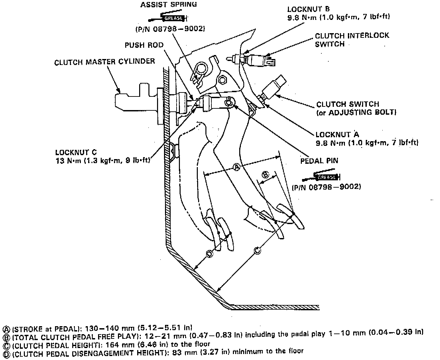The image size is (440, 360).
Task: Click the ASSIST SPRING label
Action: coord(168,5)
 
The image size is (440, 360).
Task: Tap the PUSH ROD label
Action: coord(144,45)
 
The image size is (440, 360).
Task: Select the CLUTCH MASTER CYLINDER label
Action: coord(104,62)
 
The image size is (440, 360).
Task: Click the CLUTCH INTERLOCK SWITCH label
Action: coord(352,40)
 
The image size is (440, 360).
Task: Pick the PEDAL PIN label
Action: coord(319,161)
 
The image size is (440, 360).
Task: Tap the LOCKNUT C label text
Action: coord(76,152)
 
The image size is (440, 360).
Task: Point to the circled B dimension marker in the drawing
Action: coord(265,174)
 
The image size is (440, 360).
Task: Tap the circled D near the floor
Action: coord(209,254)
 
